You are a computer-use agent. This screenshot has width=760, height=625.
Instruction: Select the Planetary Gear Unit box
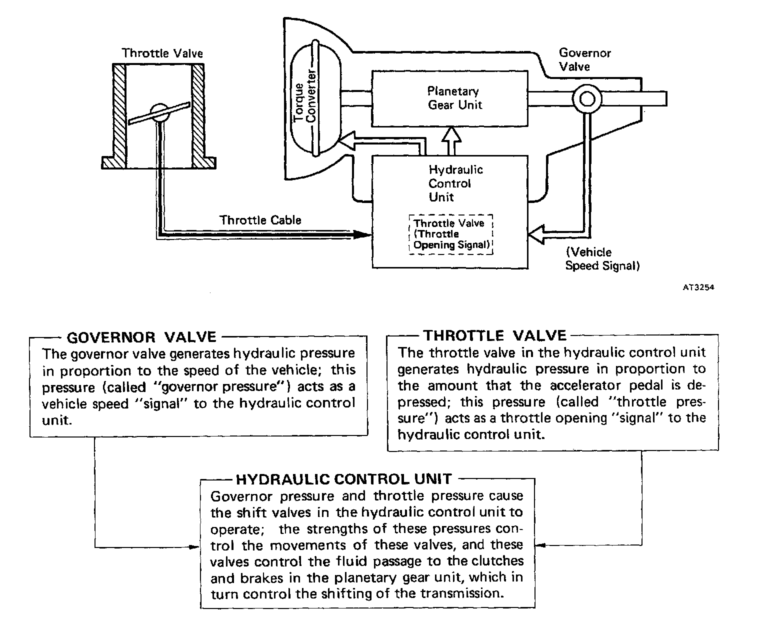click(449, 98)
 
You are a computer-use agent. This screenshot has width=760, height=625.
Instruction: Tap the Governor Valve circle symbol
click(587, 98)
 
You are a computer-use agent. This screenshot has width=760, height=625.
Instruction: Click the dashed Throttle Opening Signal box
click(451, 234)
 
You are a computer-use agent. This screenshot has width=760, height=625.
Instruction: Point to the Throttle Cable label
click(260, 220)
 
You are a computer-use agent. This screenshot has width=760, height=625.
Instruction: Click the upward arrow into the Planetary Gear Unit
click(452, 137)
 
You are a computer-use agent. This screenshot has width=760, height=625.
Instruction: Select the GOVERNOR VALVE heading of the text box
click(141, 337)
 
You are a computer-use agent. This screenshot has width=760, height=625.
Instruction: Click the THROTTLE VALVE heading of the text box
click(494, 335)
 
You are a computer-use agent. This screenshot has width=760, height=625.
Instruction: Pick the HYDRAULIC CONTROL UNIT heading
click(344, 479)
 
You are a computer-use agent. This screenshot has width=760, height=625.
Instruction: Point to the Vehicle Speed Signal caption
click(602, 259)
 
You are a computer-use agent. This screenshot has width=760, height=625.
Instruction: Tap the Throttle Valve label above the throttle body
click(162, 53)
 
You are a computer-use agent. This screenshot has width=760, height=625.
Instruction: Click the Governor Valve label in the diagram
click(584, 59)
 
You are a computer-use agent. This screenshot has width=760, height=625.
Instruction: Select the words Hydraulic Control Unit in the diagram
click(455, 183)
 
